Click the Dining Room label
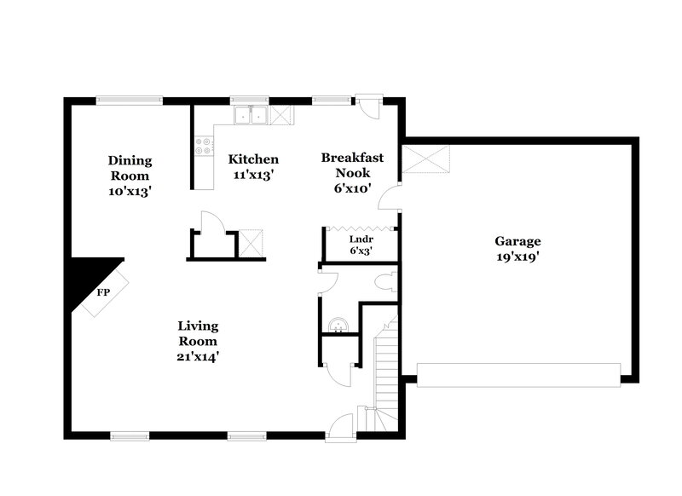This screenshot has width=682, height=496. point(130,168)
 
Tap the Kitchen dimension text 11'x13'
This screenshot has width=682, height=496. point(253,174)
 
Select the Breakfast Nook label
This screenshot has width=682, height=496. point(351,165)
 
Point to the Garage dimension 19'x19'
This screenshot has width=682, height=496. point(520,257)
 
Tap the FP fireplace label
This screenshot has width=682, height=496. point(103,292)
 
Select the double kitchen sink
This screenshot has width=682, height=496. point(251,115)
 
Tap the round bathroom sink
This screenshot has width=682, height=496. point(338,325)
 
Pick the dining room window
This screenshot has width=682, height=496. point(130,101)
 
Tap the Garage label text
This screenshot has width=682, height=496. point(520,241)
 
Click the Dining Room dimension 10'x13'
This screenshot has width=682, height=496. point(130,191)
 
